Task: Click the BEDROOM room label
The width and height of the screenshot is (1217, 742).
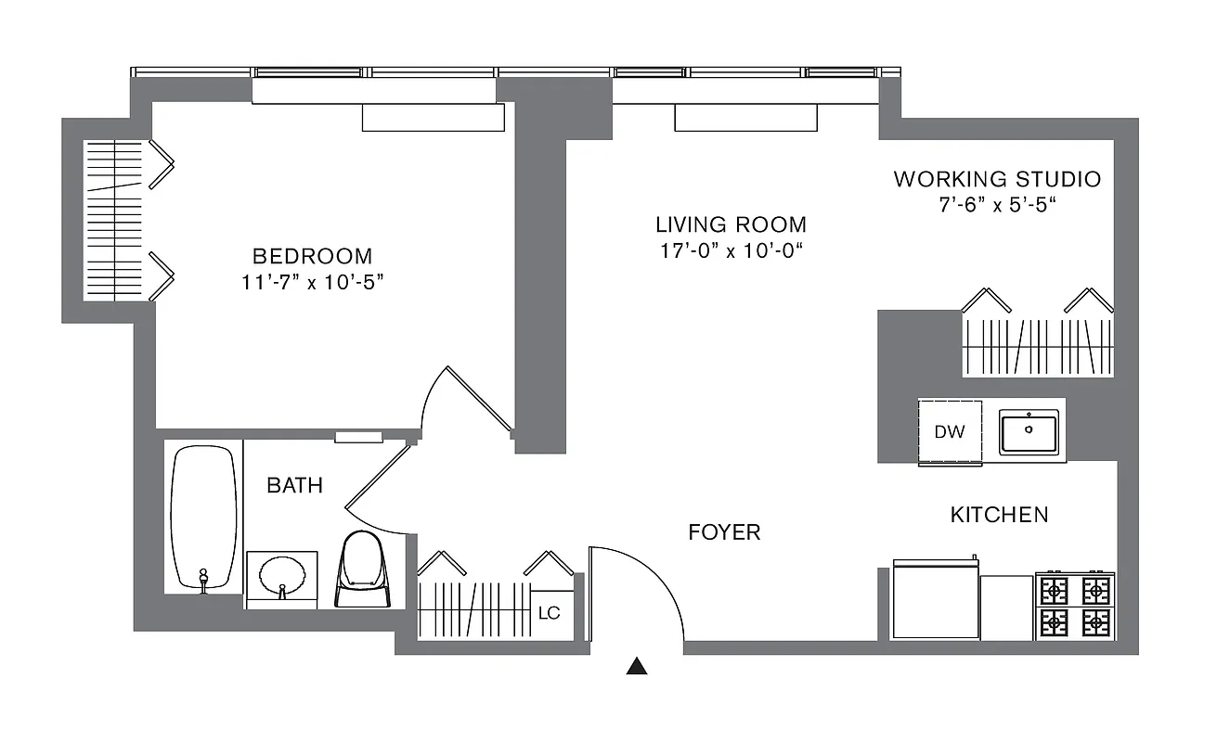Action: tap(312, 256)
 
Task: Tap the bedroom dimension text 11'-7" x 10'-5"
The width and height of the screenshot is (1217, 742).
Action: tap(312, 282)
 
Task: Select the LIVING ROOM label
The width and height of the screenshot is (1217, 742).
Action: tap(731, 224)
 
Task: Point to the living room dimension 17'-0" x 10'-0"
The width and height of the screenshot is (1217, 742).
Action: tap(731, 250)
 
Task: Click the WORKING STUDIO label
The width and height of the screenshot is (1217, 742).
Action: tap(997, 179)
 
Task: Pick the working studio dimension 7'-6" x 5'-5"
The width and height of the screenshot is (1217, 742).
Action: tap(997, 205)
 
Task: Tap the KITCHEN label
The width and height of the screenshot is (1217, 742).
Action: tap(999, 514)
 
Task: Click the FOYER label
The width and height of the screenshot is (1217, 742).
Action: tap(724, 532)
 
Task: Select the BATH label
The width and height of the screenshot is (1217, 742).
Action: tap(295, 485)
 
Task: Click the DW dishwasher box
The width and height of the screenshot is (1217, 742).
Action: tap(950, 432)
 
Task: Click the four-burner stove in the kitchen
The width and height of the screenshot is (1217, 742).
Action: tap(1075, 605)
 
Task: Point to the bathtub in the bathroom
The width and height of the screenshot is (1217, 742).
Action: tap(203, 518)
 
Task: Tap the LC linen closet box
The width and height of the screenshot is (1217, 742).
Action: tap(550, 613)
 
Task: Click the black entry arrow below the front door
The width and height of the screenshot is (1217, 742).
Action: tap(636, 665)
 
